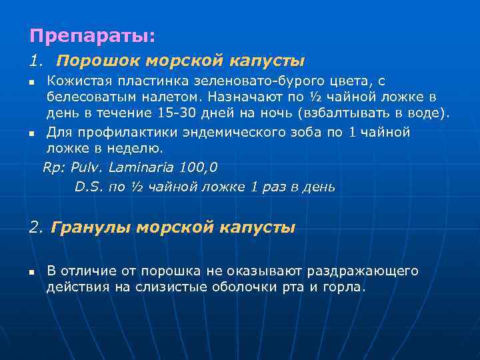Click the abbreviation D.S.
click(89, 187)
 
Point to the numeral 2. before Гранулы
click(36, 228)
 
